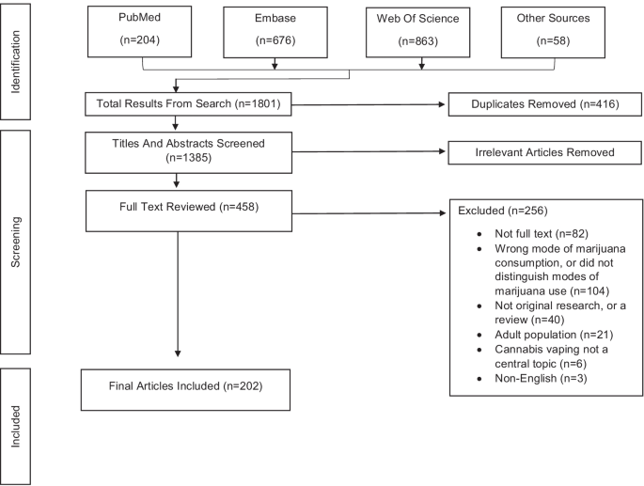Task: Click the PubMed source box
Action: click(x=140, y=32)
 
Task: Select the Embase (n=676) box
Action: click(x=275, y=33)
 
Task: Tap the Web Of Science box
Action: click(x=418, y=33)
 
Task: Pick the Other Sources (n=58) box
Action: click(x=553, y=33)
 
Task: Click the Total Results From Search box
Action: click(x=188, y=104)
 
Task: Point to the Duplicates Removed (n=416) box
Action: click(x=545, y=104)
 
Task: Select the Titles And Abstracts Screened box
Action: click(x=189, y=152)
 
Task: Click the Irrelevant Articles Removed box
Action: click(x=544, y=153)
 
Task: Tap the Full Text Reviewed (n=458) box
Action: click(x=189, y=211)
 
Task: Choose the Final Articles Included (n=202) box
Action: click(x=185, y=390)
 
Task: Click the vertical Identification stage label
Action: click(x=15, y=62)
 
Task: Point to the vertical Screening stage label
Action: click(x=15, y=243)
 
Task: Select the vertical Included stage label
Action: click(x=15, y=427)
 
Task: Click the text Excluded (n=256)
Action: click(x=503, y=211)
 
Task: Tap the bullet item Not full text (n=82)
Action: click(x=542, y=234)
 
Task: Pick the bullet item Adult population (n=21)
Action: click(x=554, y=335)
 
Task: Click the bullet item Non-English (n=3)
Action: click(x=541, y=378)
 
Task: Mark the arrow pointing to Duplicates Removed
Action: click(x=369, y=104)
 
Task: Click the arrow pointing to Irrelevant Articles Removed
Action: click(x=369, y=151)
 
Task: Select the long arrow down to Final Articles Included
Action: click(x=178, y=294)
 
